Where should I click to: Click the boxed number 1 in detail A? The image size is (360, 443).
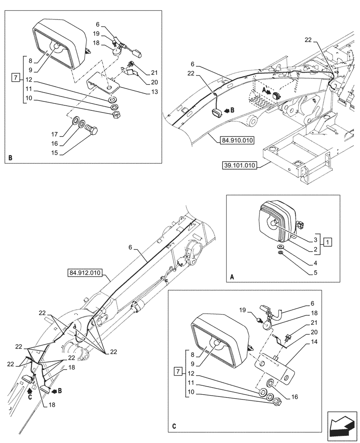(x=327, y=242)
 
